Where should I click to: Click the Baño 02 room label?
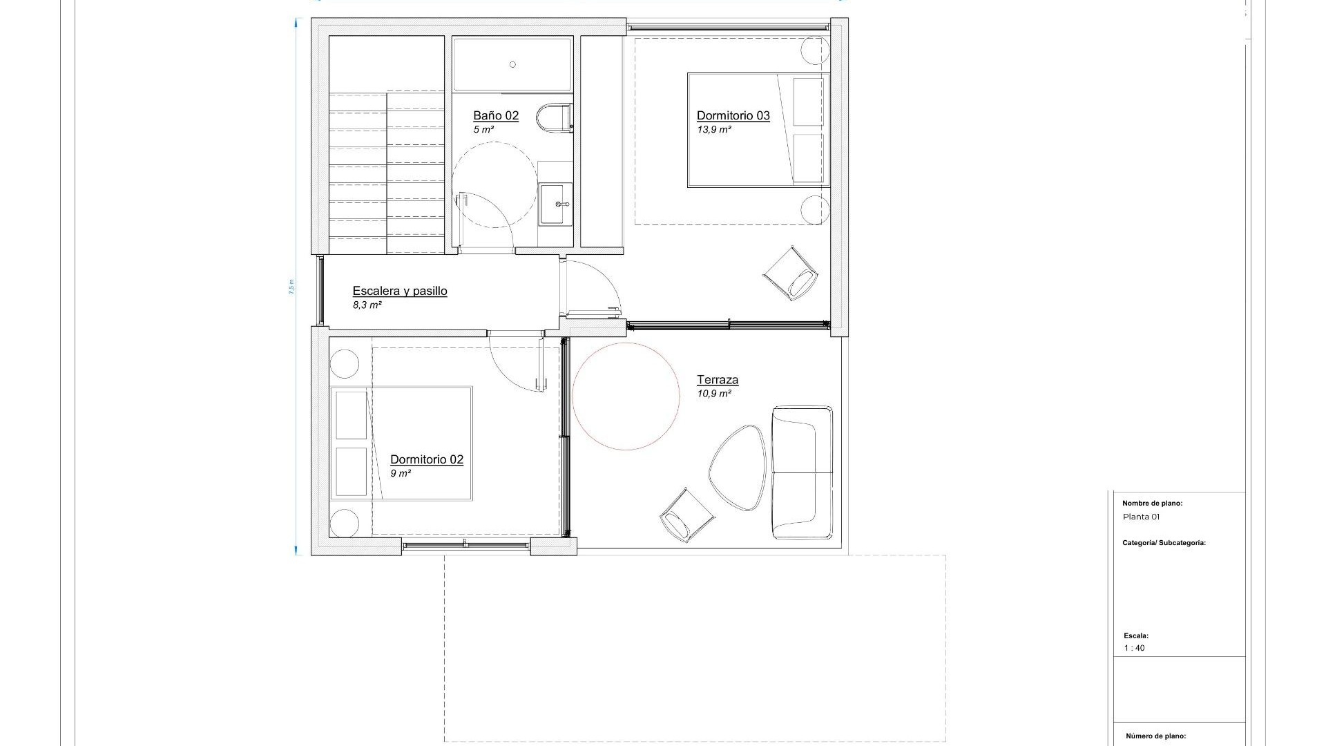tap(495, 115)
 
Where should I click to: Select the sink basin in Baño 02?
tap(555, 204)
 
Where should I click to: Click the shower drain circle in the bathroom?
tap(512, 64)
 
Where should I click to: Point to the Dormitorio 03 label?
tap(733, 115)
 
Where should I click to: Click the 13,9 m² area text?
tap(713, 130)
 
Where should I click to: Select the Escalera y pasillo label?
tap(399, 291)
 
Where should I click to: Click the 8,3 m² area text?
tap(367, 305)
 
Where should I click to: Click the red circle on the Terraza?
tap(626, 396)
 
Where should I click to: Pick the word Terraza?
tap(717, 379)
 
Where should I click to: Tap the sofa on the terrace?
tap(802, 472)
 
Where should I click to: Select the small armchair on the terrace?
tap(685, 515)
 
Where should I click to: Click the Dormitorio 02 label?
tap(426, 459)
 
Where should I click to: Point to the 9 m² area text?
tap(401, 474)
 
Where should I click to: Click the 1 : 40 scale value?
tap(1134, 648)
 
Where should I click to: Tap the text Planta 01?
tap(1141, 517)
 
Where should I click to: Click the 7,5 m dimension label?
tap(291, 287)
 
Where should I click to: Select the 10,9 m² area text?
tap(713, 394)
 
